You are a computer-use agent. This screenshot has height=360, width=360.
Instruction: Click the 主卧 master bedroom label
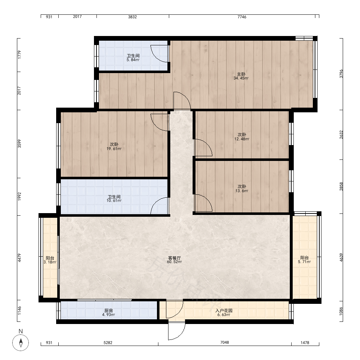[x=241, y=74]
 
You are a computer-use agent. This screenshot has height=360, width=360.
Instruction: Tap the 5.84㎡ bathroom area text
[x=133, y=60]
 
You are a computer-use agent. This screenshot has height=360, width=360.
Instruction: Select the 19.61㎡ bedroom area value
[x=114, y=149]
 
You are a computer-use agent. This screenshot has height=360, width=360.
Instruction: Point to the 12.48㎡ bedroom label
[x=242, y=139]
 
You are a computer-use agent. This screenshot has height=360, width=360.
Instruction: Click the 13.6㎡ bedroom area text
[x=242, y=191]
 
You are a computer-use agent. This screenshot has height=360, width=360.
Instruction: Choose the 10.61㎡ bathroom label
[x=114, y=201]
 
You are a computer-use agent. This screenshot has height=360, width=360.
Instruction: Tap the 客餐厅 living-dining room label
[x=174, y=258]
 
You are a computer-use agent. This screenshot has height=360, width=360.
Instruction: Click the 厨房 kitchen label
[x=109, y=311]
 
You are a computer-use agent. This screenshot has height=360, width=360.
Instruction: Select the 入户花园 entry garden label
[x=224, y=311]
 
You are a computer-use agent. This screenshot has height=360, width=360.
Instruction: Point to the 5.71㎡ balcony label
[x=305, y=262]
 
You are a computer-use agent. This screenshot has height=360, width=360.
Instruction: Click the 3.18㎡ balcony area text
[x=50, y=262]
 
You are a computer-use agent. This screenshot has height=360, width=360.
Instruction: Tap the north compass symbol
[x=21, y=343]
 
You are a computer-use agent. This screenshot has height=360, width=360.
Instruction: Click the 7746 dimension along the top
[x=242, y=17]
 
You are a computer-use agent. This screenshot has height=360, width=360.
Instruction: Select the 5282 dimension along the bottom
[x=108, y=343]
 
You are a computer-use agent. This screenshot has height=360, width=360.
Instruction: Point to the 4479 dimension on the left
[x=19, y=258]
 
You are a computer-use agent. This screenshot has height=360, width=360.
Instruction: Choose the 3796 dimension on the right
[x=341, y=73]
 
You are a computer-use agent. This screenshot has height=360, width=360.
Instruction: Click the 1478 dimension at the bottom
[x=305, y=343]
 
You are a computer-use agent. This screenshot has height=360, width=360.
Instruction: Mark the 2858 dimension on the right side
[x=341, y=186]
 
